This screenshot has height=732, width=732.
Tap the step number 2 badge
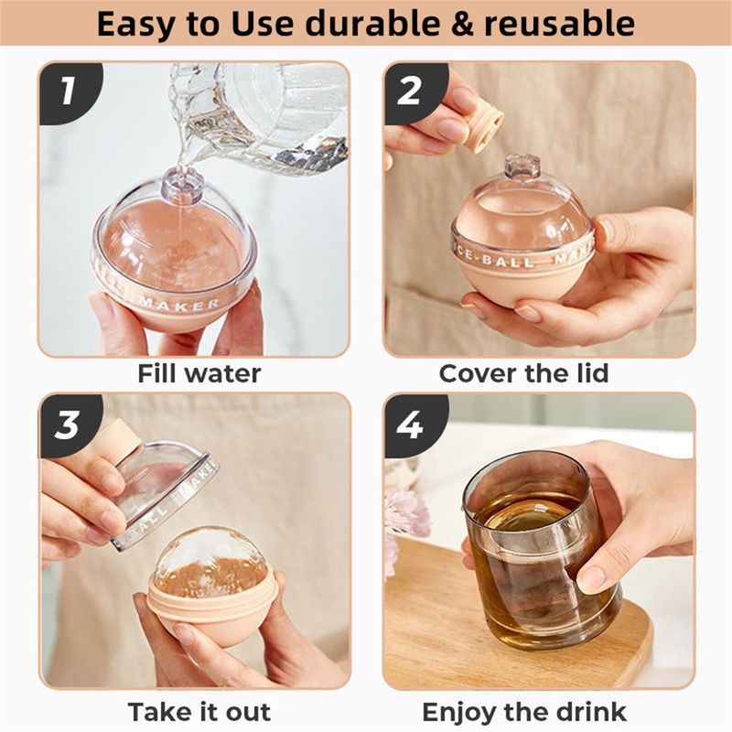pyautogui.click(x=410, y=91)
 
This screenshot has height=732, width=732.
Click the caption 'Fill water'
pyautogui.click(x=199, y=373)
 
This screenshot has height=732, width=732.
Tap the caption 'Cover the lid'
pyautogui.click(x=523, y=373)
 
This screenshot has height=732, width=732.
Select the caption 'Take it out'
pyautogui.click(x=199, y=712)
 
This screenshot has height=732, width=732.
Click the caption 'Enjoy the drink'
pyautogui.click(x=523, y=712)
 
